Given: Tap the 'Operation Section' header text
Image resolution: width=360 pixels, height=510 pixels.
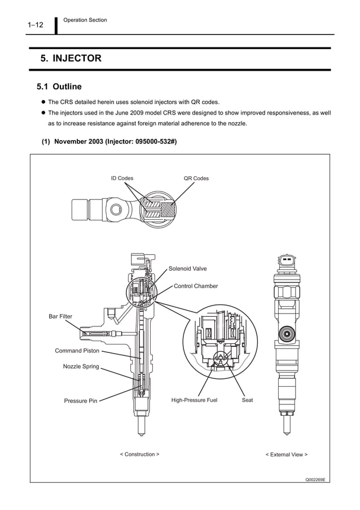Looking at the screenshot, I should coord(85,20).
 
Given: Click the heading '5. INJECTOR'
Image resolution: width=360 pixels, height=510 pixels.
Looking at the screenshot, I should coord(71,58).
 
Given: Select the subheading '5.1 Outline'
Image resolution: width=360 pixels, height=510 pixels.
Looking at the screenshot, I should coord(59,86).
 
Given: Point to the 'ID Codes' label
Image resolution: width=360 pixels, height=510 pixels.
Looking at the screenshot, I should coord(122,178).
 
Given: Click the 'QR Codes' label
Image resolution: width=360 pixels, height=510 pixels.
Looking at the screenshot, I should coord(196,178).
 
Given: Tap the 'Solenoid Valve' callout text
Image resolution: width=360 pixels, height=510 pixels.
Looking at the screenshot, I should coord(187,268).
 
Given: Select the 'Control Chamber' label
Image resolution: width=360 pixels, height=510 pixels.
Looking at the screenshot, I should coord(195,286).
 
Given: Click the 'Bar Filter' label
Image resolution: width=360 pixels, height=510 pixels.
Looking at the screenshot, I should coord(60,316).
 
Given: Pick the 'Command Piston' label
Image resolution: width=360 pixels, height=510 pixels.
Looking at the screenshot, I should coord(77,351).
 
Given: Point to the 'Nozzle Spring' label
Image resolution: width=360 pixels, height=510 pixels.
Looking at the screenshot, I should coord(81,367).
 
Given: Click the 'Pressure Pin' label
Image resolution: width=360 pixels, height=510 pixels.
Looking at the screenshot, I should coord(80,401).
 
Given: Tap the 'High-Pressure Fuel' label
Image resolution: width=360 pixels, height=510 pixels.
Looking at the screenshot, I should coord(194,400).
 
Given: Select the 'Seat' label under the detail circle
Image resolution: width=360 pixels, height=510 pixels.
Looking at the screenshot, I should coord(247,400).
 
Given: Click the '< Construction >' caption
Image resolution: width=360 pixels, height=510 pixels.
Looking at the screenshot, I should coord(139,454).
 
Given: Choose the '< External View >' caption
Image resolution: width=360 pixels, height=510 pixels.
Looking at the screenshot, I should coord(286,454).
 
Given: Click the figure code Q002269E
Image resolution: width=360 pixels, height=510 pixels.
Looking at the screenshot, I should coord(316,479).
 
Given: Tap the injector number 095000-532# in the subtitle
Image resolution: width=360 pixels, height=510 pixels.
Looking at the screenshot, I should coord(155,142).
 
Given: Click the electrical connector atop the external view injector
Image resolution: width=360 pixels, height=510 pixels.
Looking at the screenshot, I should coord(287,263).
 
